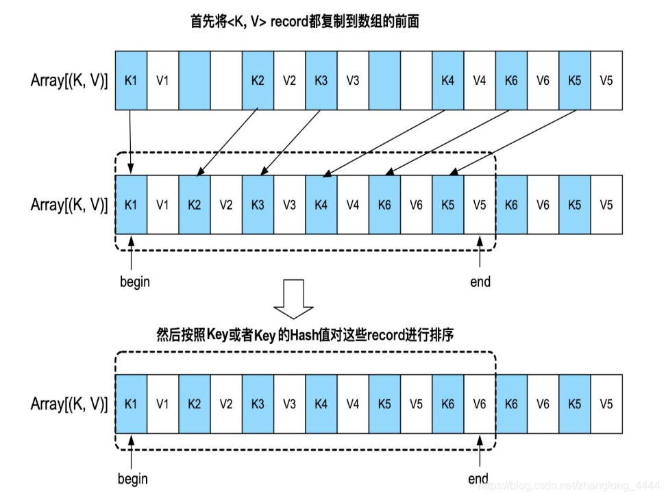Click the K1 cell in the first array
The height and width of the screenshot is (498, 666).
click(x=131, y=80)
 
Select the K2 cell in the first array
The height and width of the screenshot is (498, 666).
click(x=258, y=80)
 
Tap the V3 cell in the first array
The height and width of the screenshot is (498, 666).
click(x=353, y=80)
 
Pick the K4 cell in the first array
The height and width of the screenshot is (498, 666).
click(x=448, y=80)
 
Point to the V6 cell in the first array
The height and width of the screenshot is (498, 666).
click(x=543, y=80)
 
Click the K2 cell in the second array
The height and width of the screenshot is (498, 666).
click(x=195, y=204)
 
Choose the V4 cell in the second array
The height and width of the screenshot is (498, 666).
click(x=353, y=204)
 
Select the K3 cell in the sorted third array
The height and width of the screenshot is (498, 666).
click(x=258, y=403)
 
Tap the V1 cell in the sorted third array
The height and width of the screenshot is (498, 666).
click(x=162, y=403)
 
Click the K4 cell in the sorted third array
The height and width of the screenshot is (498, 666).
click(x=321, y=403)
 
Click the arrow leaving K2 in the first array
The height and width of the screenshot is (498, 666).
click(x=226, y=140)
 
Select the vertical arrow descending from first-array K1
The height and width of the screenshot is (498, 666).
click(x=131, y=140)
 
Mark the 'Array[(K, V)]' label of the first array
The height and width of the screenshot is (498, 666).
click(x=69, y=81)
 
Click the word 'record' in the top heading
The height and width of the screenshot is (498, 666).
click(x=292, y=22)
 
